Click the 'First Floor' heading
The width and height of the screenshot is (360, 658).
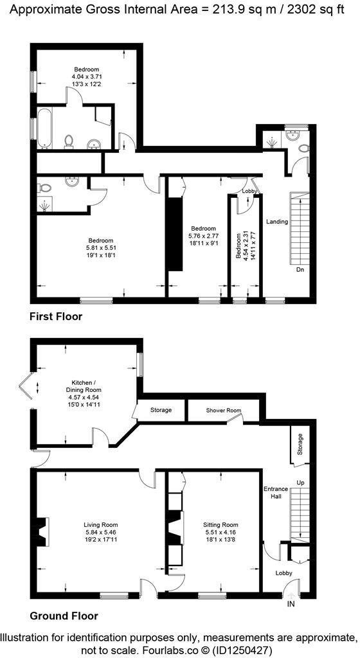coord(56,317)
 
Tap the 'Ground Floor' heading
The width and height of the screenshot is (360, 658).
coord(64,616)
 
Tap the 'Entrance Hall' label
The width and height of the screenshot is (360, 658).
coord(276,493)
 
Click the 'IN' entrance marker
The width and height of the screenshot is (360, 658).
coord(291,605)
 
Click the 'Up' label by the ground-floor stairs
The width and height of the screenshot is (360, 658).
coord(300,482)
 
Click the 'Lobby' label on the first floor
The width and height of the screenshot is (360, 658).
coord(249,191)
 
